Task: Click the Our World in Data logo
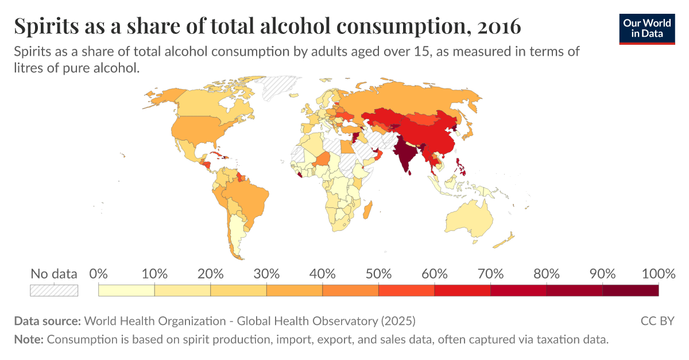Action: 647,29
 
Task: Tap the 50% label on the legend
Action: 378,273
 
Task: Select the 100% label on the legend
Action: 658,273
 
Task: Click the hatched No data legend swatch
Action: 54,291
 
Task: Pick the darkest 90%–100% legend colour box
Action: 630,291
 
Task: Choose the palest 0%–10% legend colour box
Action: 126,291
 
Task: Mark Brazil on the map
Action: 246,197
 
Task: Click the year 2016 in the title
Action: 499,26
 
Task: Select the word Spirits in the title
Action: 47,26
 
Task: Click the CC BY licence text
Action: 657,321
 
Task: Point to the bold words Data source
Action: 47,321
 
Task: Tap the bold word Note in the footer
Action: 29,339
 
